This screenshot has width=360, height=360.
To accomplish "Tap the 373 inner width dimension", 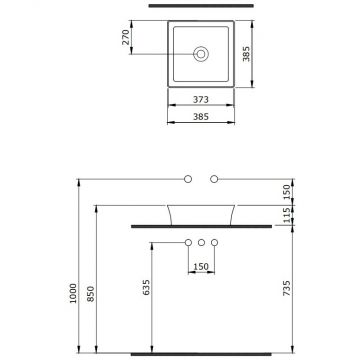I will (200, 99).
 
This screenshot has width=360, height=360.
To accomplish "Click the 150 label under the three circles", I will (201, 266).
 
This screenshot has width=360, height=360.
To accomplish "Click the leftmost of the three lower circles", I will (187, 243).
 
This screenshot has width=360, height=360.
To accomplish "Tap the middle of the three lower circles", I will (201, 243).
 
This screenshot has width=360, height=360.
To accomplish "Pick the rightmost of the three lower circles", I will (215, 243).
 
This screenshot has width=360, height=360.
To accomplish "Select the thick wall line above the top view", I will (200, 8).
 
